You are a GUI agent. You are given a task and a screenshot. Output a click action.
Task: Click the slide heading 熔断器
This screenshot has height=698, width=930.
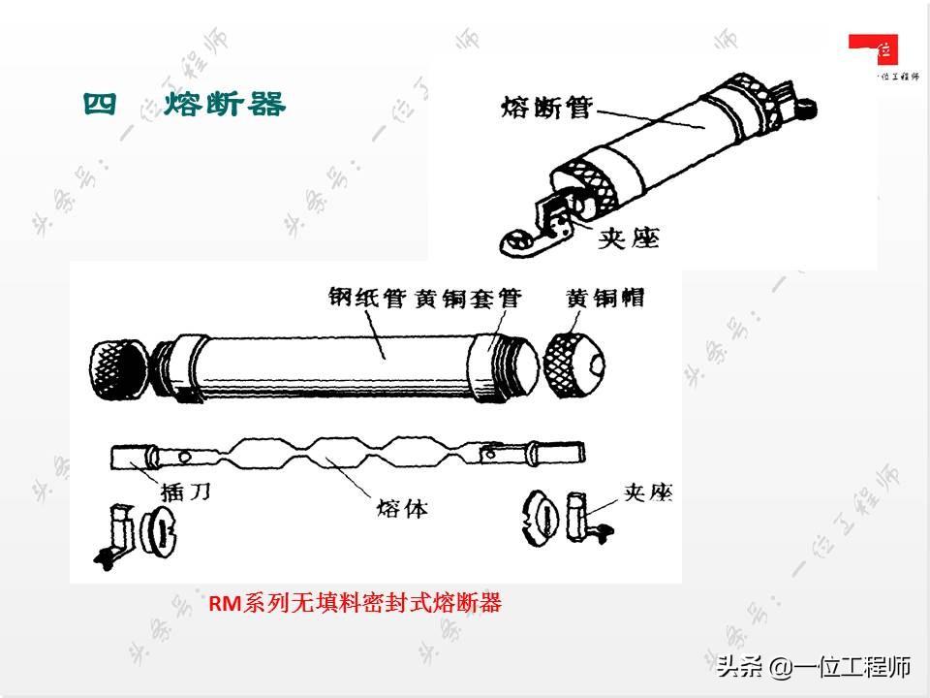pos(225,104)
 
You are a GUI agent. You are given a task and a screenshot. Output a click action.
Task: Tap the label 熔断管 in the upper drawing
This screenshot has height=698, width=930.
pos(545,106)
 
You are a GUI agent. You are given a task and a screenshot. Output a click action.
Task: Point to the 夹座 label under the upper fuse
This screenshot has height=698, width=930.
pos(631,236)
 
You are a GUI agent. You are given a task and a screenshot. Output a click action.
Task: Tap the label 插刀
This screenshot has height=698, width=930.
pos(179,492)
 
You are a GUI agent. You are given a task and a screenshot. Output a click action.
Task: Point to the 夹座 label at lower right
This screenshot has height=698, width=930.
pos(646,492)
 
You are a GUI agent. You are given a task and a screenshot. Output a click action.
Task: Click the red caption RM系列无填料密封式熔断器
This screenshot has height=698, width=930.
pos(355,604)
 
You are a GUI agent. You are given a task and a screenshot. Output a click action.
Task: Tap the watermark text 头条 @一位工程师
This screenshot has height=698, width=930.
pos(814,666)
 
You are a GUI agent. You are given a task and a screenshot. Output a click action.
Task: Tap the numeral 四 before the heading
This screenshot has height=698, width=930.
pos(100,104)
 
